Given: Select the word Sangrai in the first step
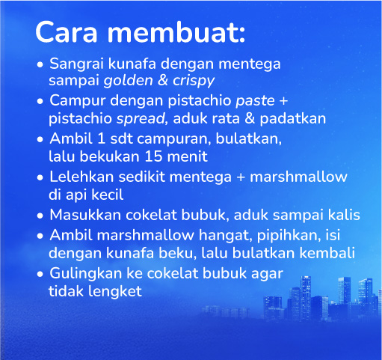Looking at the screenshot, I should coord(76,64).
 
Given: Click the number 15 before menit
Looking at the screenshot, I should coord(151,157).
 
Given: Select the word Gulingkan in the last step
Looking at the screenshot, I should coord(83,272).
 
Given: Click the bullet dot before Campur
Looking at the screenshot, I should coord(40,101).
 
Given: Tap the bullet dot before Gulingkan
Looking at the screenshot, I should coord(40,273).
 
